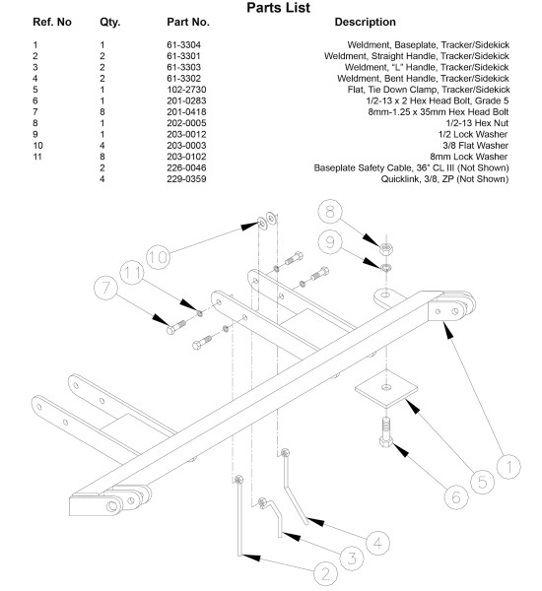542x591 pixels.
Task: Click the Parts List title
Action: (278, 8)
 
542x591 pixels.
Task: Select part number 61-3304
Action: (183, 45)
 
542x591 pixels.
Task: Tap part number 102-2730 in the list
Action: (186, 90)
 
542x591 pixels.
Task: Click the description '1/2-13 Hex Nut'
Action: (477, 123)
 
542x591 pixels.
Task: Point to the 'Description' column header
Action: (365, 23)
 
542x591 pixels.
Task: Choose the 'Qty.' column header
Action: (109, 23)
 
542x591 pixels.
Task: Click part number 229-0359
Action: (186, 179)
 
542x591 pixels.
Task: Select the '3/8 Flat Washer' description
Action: (475, 146)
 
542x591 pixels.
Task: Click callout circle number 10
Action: (158, 257)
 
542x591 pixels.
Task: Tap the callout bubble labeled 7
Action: (106, 288)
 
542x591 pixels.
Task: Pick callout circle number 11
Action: (132, 273)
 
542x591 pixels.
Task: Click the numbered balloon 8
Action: (330, 211)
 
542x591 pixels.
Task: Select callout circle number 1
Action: (508, 467)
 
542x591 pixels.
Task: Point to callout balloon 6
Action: (456, 497)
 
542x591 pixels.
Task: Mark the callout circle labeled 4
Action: (378, 543)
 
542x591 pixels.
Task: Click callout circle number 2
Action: (325, 573)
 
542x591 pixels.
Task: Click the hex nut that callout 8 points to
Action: (386, 249)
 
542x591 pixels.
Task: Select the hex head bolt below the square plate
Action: (386, 432)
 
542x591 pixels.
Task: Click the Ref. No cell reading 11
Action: (37, 157)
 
